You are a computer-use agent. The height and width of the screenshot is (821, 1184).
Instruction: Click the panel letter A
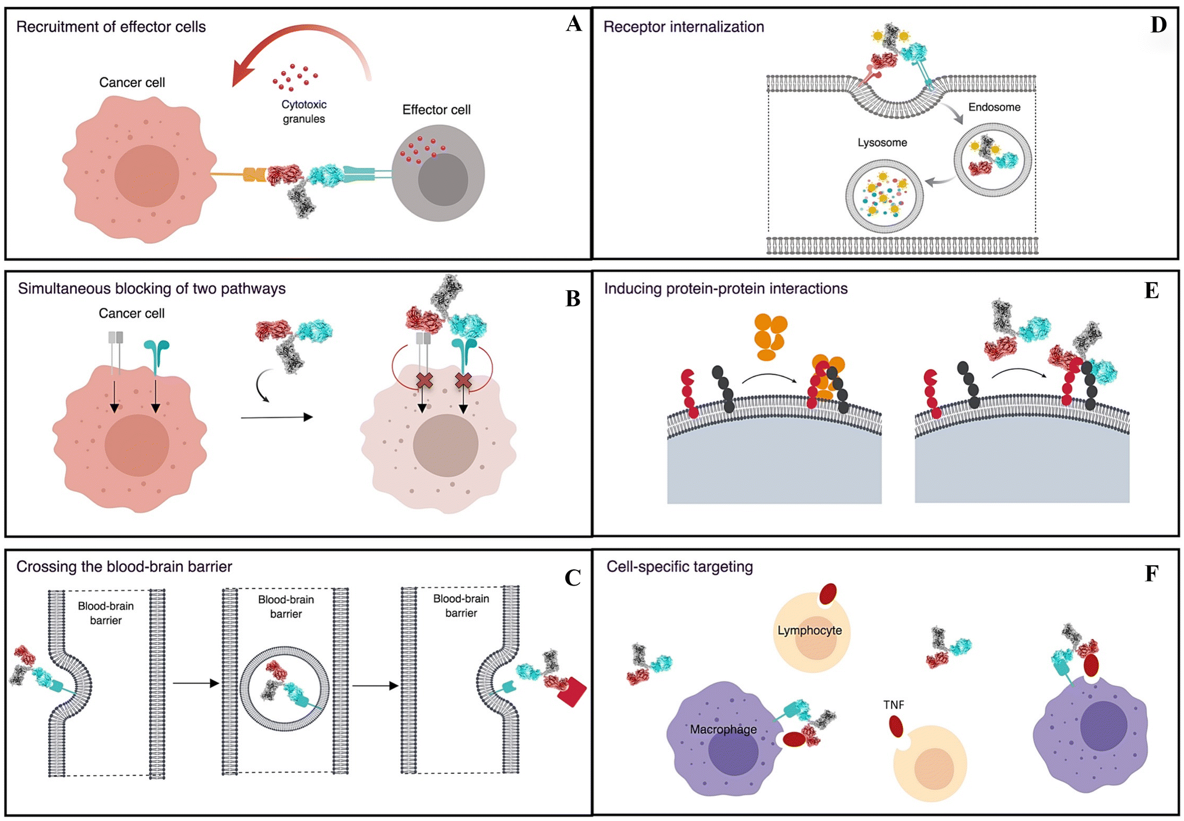tap(573, 24)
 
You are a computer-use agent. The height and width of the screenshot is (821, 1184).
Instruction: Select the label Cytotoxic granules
tap(304, 111)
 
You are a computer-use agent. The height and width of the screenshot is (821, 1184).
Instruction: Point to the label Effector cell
tap(436, 110)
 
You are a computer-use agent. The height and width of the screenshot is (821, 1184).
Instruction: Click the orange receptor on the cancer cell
tap(255, 174)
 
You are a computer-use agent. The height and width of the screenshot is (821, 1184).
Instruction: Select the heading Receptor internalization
tap(683, 27)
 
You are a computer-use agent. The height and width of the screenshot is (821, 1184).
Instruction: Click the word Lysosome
tap(882, 143)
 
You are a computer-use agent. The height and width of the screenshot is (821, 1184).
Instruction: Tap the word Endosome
tap(994, 107)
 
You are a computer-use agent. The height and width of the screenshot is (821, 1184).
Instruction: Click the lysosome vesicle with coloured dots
tap(884, 196)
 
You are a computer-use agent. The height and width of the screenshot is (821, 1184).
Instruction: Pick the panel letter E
tap(1151, 290)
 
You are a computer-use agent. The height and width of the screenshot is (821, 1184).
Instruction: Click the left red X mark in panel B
tap(425, 381)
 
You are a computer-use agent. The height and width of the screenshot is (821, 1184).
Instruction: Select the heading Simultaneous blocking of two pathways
tap(151, 288)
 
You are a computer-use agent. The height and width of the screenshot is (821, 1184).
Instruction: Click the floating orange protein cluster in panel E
tap(770, 337)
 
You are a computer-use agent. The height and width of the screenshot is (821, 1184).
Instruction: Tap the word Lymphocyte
tap(809, 630)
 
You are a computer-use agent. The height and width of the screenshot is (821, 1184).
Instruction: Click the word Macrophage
tap(723, 730)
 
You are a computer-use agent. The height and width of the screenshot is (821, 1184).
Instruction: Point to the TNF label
tap(893, 705)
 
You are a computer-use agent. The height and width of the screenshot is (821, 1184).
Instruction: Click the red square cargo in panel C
tap(572, 692)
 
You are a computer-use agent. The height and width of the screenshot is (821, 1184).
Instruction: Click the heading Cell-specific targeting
tap(679, 566)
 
